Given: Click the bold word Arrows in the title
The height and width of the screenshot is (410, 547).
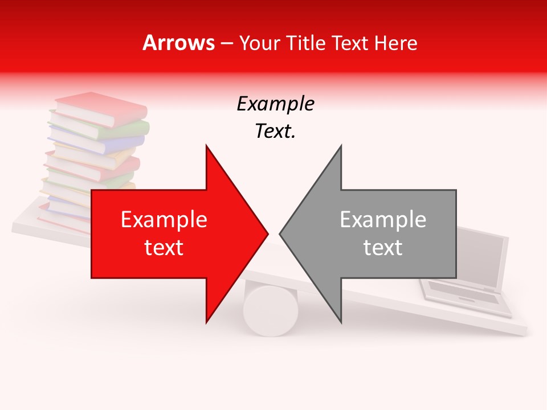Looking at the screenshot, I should tap(179, 43).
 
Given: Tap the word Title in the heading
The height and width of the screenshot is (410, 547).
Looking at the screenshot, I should tap(305, 43).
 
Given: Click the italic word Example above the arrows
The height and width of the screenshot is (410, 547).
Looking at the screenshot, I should tap(275, 104).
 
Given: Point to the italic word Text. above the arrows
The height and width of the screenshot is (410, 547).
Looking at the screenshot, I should tap(275, 132).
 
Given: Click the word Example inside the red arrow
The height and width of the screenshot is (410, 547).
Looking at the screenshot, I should tap(164, 219).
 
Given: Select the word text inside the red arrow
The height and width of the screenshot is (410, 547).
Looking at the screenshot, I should tap(164, 247).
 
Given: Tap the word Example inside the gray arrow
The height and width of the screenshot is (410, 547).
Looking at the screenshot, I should tap(383, 219).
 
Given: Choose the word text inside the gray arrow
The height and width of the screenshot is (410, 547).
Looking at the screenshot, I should tap(383, 247).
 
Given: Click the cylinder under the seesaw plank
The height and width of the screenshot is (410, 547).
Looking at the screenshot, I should tap(271, 310).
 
